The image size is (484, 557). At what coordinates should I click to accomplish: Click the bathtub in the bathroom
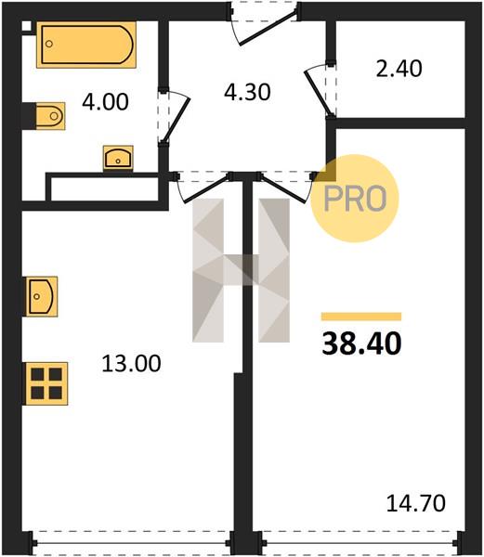[x=86, y=45]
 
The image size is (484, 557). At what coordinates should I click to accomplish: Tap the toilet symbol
[x=50, y=116]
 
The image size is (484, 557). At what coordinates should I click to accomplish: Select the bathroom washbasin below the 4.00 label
[x=118, y=158]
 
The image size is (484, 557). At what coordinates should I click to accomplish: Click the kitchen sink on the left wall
[x=42, y=296]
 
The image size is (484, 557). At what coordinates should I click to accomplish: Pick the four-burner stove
[x=46, y=383]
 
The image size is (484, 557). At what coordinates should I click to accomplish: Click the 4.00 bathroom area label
[x=105, y=102]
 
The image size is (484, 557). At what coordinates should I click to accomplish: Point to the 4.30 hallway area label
[x=247, y=92]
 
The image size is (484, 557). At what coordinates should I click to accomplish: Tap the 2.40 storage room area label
[x=399, y=69]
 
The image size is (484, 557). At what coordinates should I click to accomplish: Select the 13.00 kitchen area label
[x=131, y=364]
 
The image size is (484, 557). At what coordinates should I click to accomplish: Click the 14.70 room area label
[x=415, y=503]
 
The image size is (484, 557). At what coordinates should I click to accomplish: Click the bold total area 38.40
[x=361, y=343]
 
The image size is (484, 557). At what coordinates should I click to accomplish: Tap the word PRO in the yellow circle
[x=355, y=199]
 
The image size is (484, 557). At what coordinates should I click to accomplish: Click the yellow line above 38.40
[x=361, y=317]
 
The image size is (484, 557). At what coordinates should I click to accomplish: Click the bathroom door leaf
[x=177, y=119]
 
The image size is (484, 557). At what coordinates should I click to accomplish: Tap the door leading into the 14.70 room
[x=283, y=188]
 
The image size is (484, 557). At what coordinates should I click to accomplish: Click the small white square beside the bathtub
[x=27, y=26]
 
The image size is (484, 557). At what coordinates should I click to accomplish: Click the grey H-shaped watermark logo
[x=241, y=270]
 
